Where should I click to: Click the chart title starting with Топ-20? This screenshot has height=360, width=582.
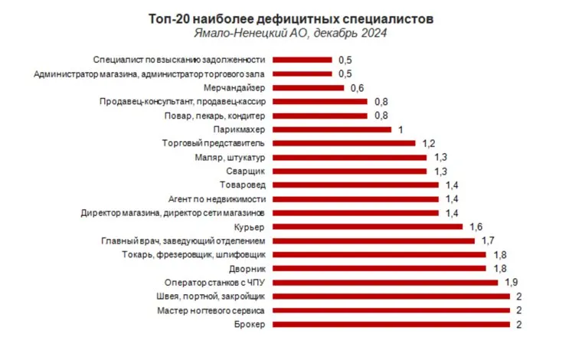pos(290,17)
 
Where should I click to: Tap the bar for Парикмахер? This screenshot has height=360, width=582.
pos(332,129)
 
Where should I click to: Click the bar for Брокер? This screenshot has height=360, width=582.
pos(391,324)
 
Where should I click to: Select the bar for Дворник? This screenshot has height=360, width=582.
pos(379,268)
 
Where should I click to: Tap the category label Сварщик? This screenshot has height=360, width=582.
pos(247,171)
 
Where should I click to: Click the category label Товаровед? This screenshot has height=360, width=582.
pos(243,185)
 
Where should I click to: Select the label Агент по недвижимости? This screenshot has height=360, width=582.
pos(217,198)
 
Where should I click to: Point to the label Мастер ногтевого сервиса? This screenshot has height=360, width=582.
pos(211,310)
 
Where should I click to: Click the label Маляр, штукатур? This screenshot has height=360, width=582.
pos(231,157)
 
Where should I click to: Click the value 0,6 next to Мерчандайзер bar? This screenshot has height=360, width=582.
pos(357,87)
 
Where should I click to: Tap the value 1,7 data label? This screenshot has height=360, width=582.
pos(488,241)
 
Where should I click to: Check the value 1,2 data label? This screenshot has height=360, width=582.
pos(428,143)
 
